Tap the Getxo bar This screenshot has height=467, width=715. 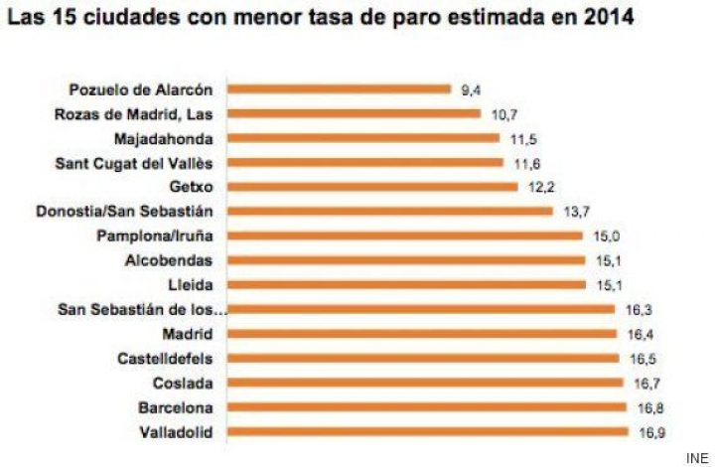[372, 186]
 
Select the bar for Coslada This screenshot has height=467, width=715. [425, 383]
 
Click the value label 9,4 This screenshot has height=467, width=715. [471, 89]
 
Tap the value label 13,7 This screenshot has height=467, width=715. [575, 212]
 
